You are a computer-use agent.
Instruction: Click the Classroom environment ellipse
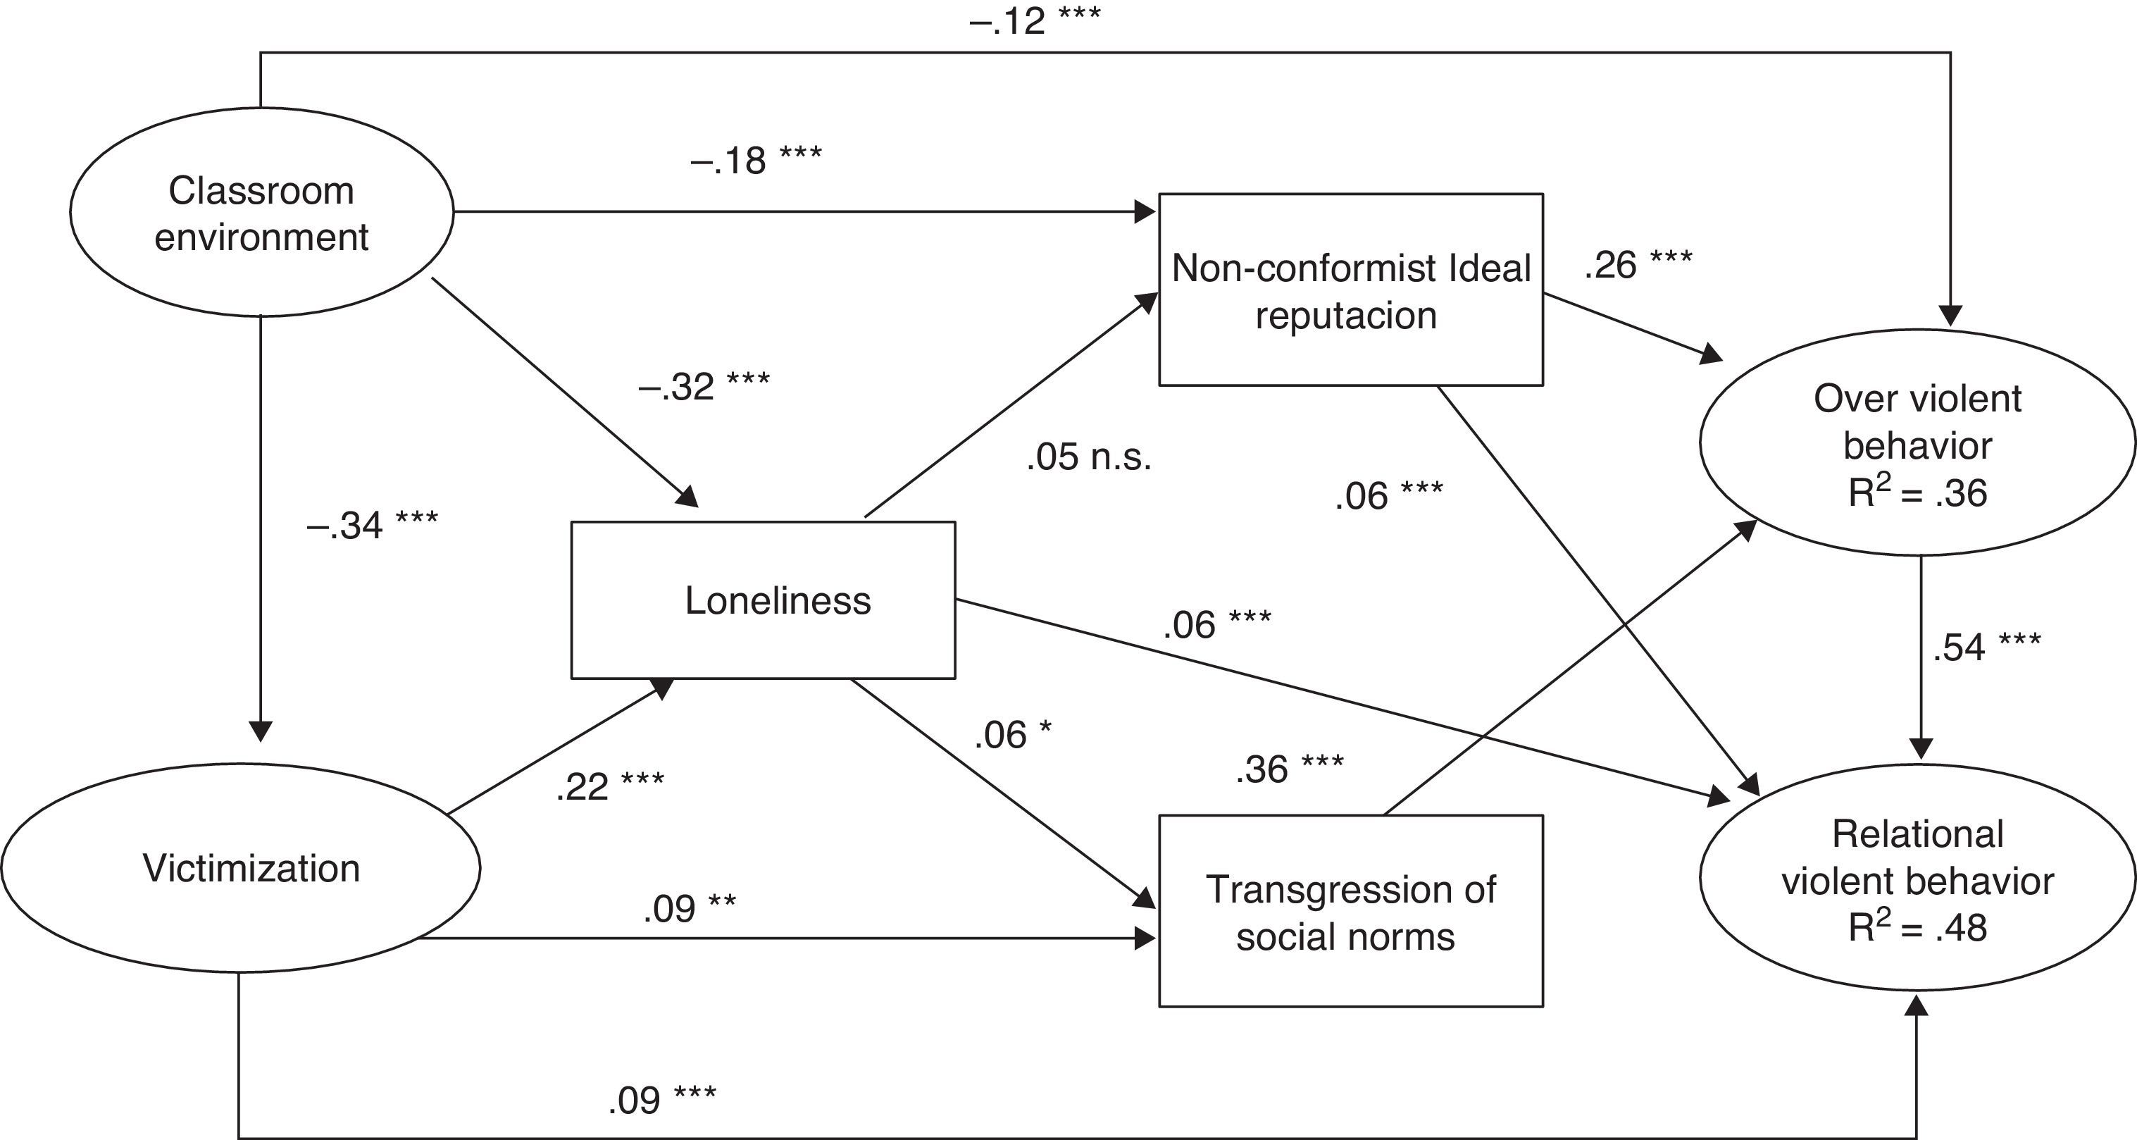[261, 212]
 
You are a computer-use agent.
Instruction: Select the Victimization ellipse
[241, 868]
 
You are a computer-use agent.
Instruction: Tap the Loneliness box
[764, 600]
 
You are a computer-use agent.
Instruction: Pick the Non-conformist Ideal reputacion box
[1350, 290]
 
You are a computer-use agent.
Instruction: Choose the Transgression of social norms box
[1350, 911]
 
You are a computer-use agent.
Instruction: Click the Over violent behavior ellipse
[1917, 443]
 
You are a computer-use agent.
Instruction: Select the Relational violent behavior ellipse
[1917, 879]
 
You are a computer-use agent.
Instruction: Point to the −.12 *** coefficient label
[1035, 20]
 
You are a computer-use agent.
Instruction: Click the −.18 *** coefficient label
[756, 159]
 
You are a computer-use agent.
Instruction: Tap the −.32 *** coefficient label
[704, 386]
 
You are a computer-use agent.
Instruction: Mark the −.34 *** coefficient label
[372, 524]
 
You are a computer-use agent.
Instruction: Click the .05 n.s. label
[1088, 457]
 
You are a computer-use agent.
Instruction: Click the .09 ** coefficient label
[690, 908]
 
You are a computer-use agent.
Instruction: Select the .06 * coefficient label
[1013, 734]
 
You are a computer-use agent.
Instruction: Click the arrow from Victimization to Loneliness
[560, 745]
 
